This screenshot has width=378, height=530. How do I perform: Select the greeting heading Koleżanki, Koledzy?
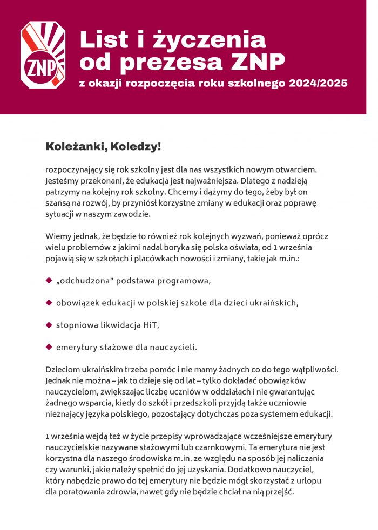coord(104,147)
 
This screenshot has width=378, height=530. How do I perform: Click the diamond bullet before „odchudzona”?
coord(49,281)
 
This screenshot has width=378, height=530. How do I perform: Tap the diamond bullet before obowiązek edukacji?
coord(49,302)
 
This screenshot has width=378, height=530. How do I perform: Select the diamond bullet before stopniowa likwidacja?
coord(49,324)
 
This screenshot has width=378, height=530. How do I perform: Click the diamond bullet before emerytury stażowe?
coord(49,346)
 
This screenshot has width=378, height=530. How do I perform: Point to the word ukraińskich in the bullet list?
coord(273,303)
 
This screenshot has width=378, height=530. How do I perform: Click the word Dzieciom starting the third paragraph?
coord(64,370)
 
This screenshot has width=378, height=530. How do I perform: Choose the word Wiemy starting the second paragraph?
coord(58,236)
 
